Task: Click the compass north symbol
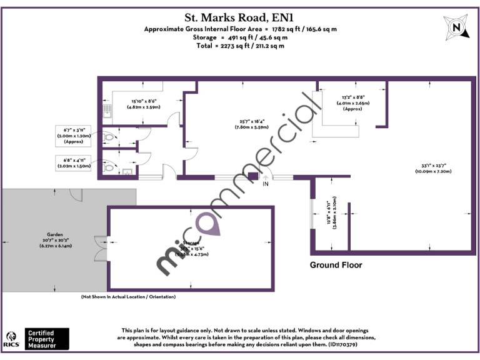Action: (456, 27)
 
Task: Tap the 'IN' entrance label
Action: (266, 184)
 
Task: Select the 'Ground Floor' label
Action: (336, 265)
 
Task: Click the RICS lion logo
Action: (11, 337)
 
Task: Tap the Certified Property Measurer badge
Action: (47, 338)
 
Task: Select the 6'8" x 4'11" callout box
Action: (74, 163)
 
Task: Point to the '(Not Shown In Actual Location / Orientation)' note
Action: (128, 296)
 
